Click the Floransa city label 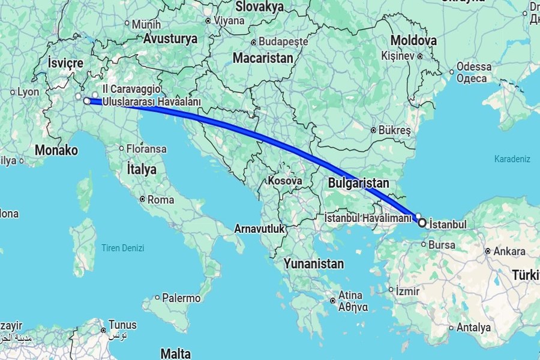click(146, 148)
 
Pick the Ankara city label click(509, 251)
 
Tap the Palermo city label click(181, 298)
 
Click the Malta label click(176, 352)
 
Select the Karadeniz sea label click(512, 159)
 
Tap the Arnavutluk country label click(259, 229)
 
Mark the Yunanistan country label click(314, 264)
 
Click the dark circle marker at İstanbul click(422, 223)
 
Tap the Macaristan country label click(263, 59)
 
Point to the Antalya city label click(473, 328)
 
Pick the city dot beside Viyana click(208, 20)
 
